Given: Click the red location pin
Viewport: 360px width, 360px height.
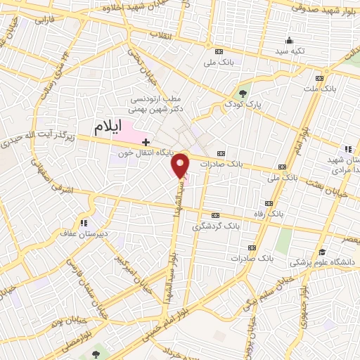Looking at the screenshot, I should point(181,165).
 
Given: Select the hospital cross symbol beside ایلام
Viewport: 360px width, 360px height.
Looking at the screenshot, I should point(146,142).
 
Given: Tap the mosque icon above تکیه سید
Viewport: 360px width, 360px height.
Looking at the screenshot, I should point(289,39).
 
